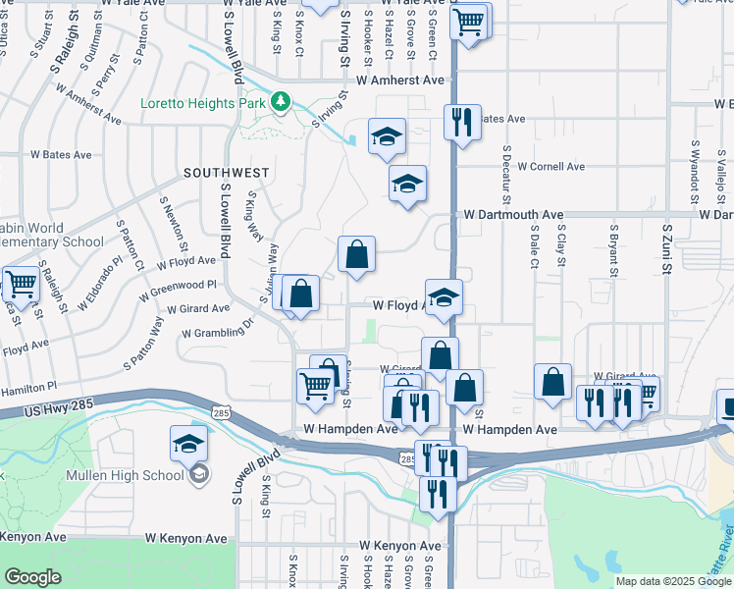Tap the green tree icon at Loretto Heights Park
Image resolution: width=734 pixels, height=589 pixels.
(281, 101)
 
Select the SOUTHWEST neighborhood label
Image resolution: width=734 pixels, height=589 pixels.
(226, 173)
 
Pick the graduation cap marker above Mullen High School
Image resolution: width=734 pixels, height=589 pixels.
(188, 445)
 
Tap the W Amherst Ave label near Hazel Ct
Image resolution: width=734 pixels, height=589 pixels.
(400, 80)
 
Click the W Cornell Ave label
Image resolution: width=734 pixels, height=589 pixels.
(550, 167)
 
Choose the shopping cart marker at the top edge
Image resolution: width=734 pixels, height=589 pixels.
(470, 20)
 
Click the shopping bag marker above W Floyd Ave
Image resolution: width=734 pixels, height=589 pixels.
(357, 254)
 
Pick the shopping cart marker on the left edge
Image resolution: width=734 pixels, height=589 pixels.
(20, 285)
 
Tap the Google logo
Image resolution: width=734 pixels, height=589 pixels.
(32, 577)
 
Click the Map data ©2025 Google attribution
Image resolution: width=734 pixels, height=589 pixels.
(673, 581)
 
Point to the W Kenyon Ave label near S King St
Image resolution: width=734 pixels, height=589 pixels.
(185, 538)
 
